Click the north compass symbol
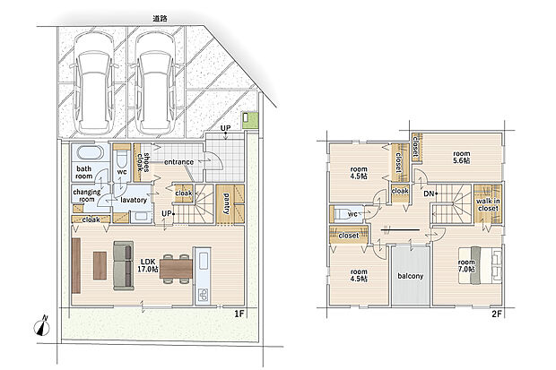42,327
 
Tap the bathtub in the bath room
90,153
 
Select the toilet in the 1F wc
122,159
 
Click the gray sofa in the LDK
124,266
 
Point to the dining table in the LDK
177,269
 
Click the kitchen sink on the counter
204,262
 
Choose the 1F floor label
239,314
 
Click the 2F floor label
497,314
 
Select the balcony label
410,276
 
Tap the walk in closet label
488,205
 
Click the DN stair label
429,194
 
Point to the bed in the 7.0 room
480,265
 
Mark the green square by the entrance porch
250,121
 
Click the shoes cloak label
143,162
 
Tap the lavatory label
134,200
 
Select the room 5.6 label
462,157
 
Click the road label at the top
160,19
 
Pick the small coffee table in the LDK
100,265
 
